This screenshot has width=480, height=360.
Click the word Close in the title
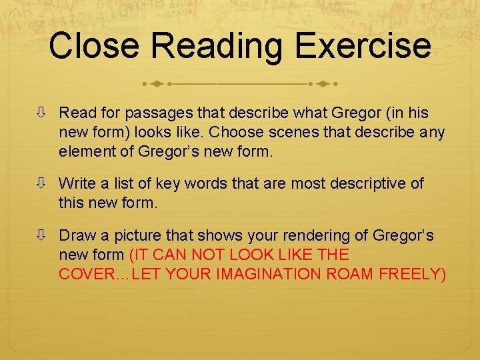pos(95,47)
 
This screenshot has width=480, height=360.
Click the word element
pos(87,151)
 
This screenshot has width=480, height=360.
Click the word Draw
pos(75,236)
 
